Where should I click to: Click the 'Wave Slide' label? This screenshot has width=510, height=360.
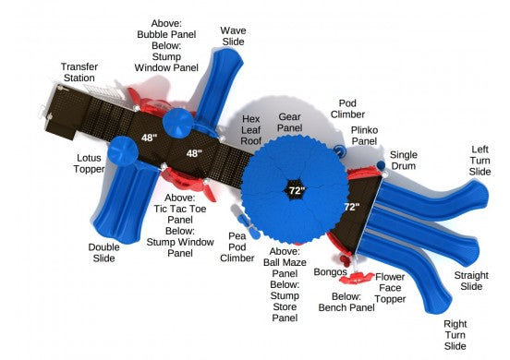pyautogui.click(x=233, y=36)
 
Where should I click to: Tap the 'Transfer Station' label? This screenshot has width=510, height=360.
pyautogui.click(x=79, y=73)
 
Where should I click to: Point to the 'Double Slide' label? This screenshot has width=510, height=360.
pyautogui.click(x=103, y=252)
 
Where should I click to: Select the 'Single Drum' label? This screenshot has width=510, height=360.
pyautogui.click(x=403, y=160)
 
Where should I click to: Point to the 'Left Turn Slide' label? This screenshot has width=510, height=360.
pyautogui.click(x=480, y=160)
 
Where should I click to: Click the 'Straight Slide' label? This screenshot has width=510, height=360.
pyautogui.click(x=470, y=282)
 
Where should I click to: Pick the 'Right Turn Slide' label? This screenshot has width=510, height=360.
pyautogui.click(x=454, y=334)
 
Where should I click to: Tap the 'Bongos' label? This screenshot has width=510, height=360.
pyautogui.click(x=329, y=272)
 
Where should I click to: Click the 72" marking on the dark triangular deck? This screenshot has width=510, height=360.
pyautogui.click(x=351, y=208)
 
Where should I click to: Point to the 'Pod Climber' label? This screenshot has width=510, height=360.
pyautogui.click(x=347, y=108)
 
